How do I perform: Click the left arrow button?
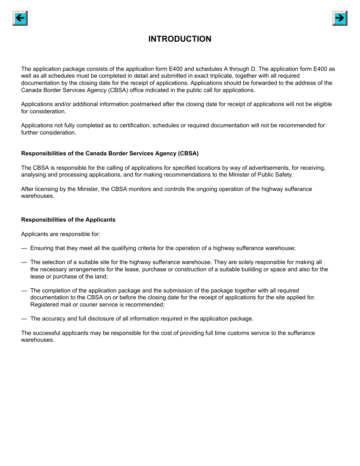click(20, 18)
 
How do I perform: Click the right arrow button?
click(340, 18)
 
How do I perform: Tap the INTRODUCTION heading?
click(180, 39)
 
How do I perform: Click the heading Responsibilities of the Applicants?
click(68, 220)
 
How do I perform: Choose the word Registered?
click(44, 305)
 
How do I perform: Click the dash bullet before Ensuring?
click(24, 248)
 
